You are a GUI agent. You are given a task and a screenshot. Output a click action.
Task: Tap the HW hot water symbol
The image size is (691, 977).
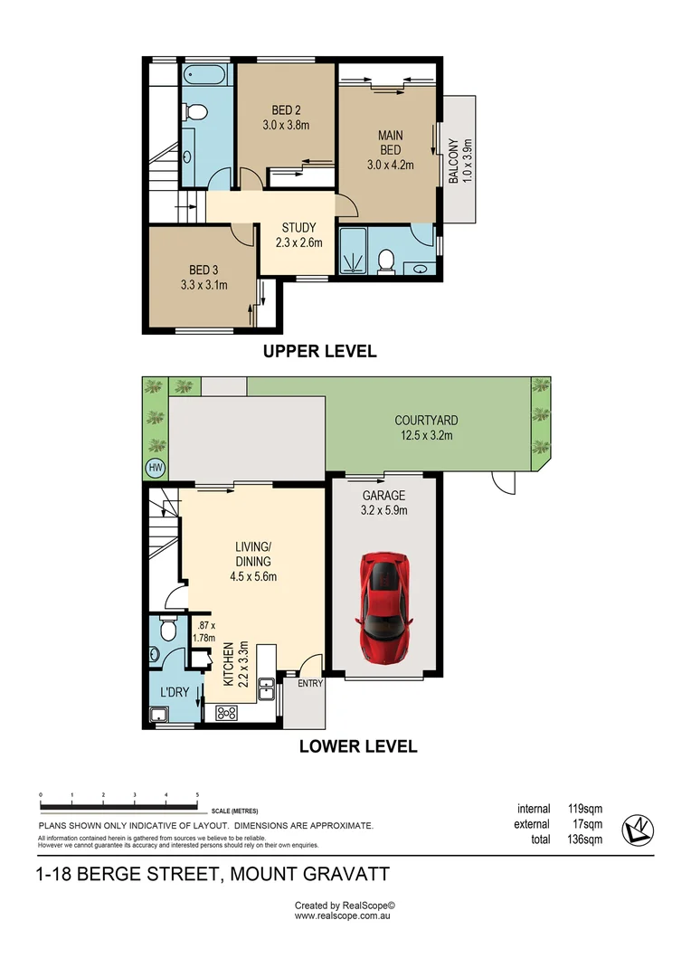tap(155, 467)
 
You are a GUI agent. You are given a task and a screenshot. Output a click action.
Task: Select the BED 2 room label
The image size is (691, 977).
tap(286, 118)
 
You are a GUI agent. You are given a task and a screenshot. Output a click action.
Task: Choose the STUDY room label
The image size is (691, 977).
tap(298, 234)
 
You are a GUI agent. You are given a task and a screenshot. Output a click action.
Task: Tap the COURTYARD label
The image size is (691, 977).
tap(426, 427)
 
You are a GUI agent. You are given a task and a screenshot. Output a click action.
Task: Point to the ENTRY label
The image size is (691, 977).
tap(309, 683)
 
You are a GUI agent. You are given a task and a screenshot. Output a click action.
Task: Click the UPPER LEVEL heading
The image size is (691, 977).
tap(319, 351)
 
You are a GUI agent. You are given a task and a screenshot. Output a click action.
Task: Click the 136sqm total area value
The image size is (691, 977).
tap(584, 839)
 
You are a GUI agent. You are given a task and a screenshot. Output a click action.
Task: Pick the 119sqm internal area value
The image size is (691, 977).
tap(584, 809)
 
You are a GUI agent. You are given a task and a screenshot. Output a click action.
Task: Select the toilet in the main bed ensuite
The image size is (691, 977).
tap(385, 261)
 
